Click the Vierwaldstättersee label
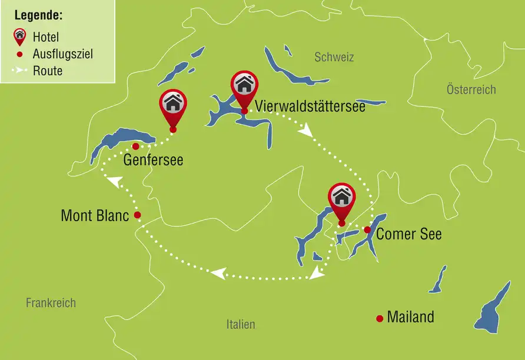coord(310,107)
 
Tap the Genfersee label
coord(153,160)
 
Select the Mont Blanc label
coord(95,216)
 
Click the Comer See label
coord(408,234)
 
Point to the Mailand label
coord(410,318)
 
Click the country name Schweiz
coord(334,57)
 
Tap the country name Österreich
coord(471,89)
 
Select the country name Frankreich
coord(51,303)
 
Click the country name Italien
coord(241,324)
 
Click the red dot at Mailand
coord(380,319)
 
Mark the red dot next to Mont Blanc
coord(137,215)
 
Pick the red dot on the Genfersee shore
coord(135,146)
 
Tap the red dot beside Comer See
coord(367,229)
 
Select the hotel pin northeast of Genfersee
coord(172,106)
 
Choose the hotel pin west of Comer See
coord(341,199)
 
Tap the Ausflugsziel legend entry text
coord(62,54)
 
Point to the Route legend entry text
coord(47,71)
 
